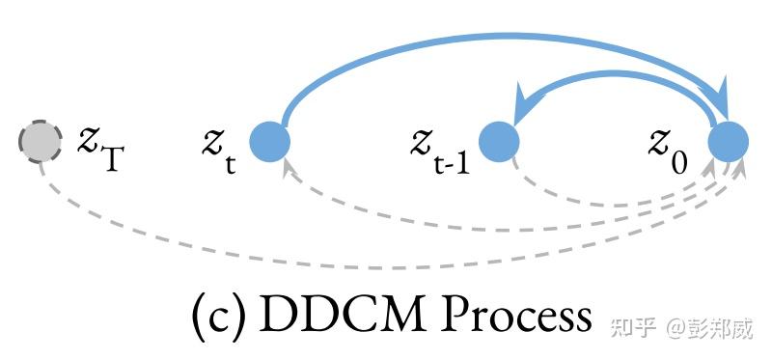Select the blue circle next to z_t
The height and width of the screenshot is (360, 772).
pyautogui.click(x=269, y=142)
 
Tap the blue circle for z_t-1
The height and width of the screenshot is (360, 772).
pyautogui.click(x=499, y=142)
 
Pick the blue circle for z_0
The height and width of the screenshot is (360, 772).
pyautogui.click(x=729, y=142)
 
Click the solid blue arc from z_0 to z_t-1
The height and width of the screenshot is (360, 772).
pyautogui.click(x=618, y=73)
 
